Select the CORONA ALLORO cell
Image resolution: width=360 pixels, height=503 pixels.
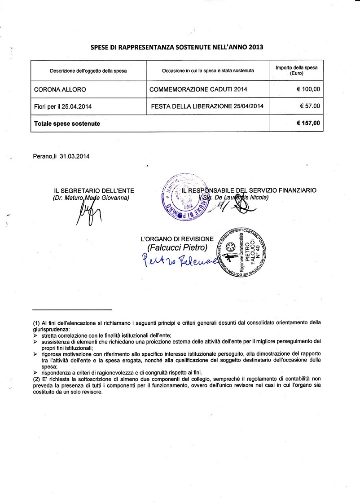(60, 89)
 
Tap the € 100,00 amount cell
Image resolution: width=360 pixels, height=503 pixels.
(308, 89)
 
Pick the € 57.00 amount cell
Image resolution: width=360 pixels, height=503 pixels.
(310, 106)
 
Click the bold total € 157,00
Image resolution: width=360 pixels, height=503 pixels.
(308, 123)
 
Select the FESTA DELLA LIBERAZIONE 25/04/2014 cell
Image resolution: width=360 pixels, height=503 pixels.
(207, 106)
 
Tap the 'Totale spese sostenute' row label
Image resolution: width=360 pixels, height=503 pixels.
(67, 123)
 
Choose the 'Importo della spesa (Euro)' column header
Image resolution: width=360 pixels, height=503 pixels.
(296, 70)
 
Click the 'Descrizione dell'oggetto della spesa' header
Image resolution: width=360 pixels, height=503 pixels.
(88, 71)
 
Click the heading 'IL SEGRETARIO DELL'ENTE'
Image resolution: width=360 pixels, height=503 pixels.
(94, 191)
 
